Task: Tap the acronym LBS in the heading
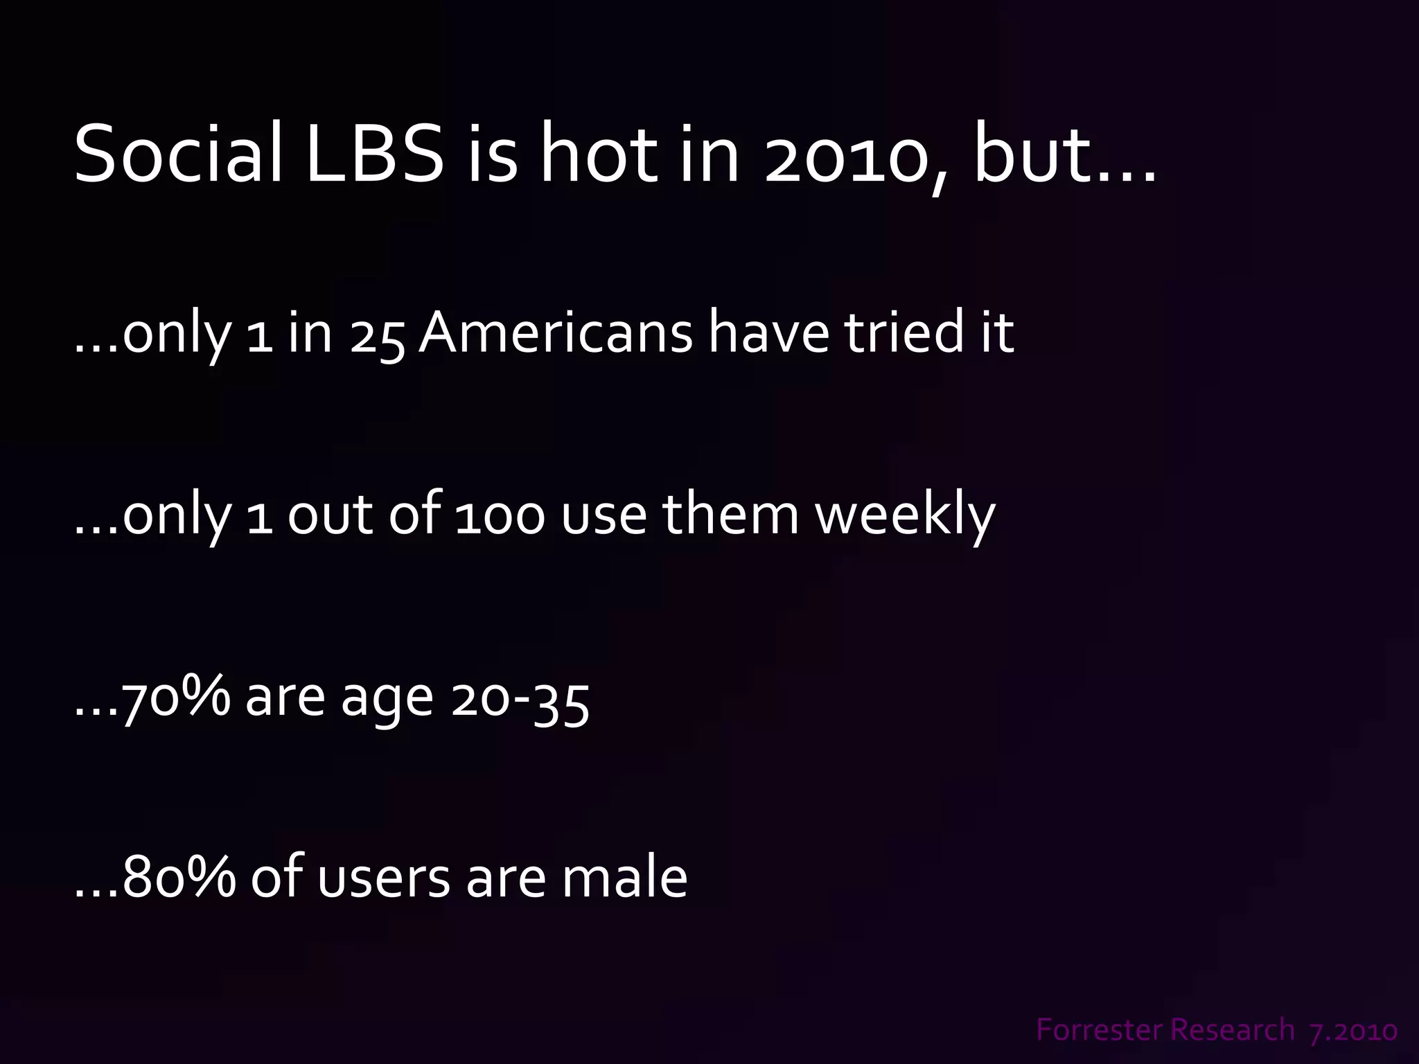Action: [x=374, y=154]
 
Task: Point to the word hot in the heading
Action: [x=598, y=154]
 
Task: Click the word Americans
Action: [x=555, y=333]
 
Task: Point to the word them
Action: [x=730, y=515]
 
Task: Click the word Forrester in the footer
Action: [x=1089, y=1030]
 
